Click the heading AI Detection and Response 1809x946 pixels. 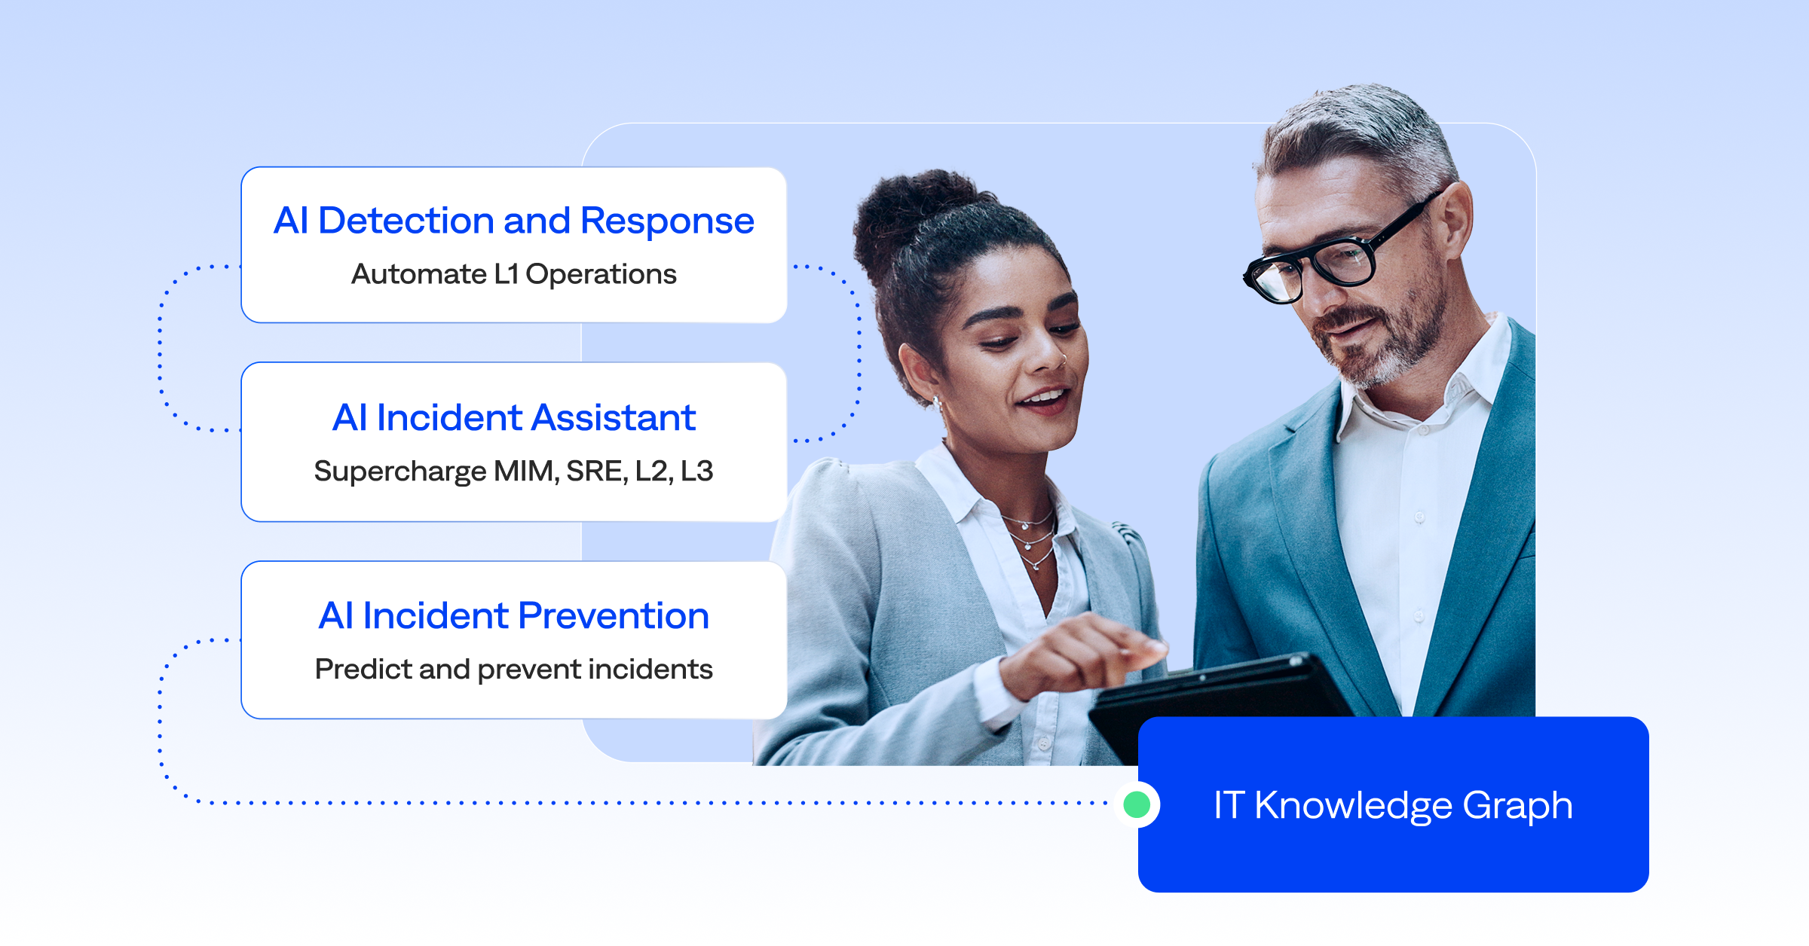click(x=513, y=221)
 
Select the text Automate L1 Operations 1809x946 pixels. click(x=513, y=274)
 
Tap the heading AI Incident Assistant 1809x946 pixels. click(x=513, y=417)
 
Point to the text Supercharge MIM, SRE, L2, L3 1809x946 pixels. click(x=513, y=471)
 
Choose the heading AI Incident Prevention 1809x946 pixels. click(x=513, y=615)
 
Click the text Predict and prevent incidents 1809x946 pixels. click(x=513, y=670)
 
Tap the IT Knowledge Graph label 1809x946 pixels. click(x=1393, y=806)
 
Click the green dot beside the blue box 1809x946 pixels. click(x=1137, y=804)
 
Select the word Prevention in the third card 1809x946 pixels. click(x=614, y=615)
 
